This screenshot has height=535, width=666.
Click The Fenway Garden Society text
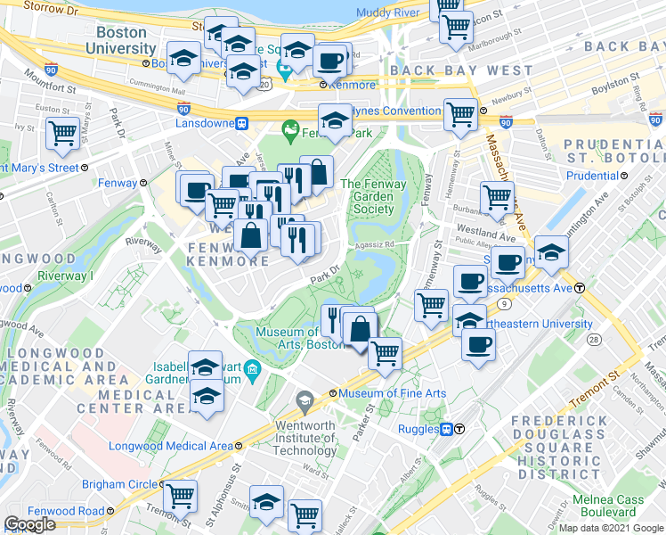pos(374,196)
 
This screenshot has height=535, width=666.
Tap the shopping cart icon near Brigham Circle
pos(181,494)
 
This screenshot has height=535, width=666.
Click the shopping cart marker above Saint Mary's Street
pos(62,134)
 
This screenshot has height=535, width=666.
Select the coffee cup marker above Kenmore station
pos(331,61)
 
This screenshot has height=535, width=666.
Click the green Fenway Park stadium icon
pos(289,132)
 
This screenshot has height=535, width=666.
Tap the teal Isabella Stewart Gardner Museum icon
pos(253,369)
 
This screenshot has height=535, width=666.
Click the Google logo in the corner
pos(29,524)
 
